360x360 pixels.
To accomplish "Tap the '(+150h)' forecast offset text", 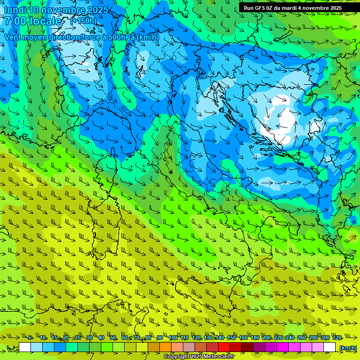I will [83, 21].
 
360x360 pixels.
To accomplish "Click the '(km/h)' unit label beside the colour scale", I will [347, 347].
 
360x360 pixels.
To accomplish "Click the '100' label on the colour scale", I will [173, 338].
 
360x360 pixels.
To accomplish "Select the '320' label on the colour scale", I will [337, 338].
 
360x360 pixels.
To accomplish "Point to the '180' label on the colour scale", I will [255, 338].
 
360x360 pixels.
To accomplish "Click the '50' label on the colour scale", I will [113, 338].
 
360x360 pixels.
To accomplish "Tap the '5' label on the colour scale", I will [30, 338].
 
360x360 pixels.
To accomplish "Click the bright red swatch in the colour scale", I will [224, 347].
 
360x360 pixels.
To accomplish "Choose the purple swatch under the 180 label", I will [259, 347].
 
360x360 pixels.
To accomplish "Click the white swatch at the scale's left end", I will [25, 347].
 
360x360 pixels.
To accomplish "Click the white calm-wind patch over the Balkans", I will [285, 115].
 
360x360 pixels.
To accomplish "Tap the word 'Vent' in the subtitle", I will [14, 37].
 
